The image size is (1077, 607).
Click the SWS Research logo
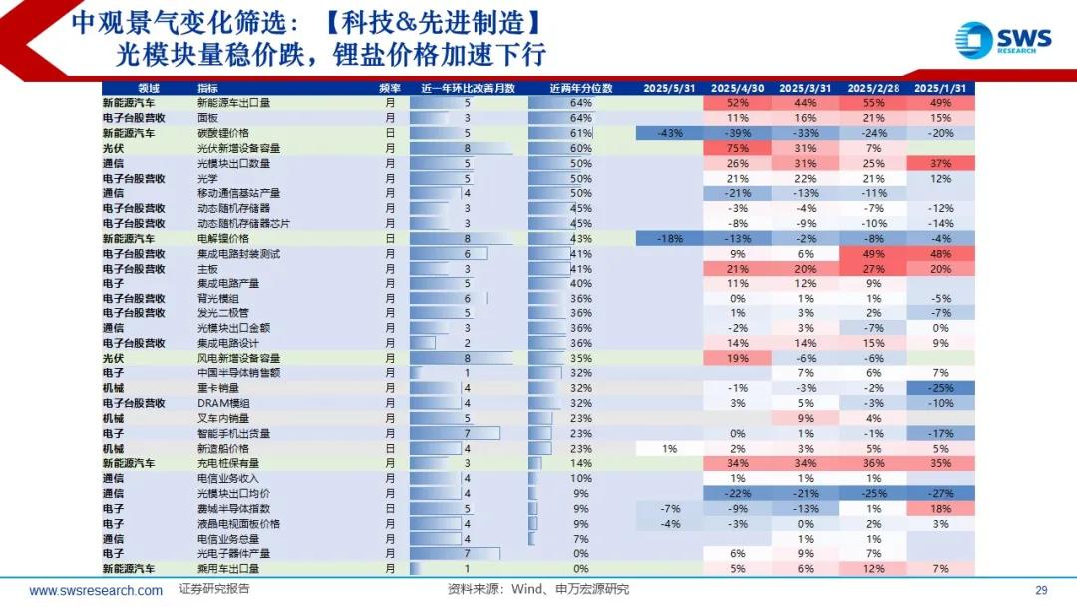1002,40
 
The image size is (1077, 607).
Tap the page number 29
1041,589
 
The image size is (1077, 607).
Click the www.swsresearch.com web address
96,590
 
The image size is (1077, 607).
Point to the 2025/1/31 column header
939,87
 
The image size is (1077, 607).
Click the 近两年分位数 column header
580,87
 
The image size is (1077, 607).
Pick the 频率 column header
391,87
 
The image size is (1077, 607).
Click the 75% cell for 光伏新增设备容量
738,148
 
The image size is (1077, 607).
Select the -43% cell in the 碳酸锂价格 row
669,133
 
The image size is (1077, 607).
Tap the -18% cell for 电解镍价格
669,239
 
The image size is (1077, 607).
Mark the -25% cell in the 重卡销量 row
939,388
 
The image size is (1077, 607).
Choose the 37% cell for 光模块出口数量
939,163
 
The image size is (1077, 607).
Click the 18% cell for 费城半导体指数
939,508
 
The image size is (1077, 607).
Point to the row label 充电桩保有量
228,463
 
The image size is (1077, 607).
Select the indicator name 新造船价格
221,448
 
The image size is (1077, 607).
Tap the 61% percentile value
580,133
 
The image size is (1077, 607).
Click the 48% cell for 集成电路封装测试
939,254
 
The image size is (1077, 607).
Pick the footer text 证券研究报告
214,589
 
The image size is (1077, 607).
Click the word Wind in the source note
530,589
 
